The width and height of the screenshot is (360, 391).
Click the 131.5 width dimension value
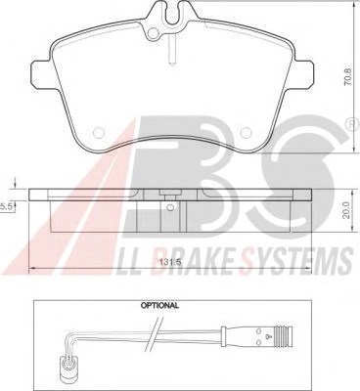170,262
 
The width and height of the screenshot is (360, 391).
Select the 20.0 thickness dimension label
346,209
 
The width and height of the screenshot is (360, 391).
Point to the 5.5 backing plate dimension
6,206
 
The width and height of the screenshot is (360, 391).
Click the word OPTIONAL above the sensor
159,306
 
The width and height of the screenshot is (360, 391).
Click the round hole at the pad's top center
153,33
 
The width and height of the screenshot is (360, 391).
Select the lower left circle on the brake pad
99,132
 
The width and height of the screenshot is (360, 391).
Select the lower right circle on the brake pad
246,132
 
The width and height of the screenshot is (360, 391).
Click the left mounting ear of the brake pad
41,73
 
